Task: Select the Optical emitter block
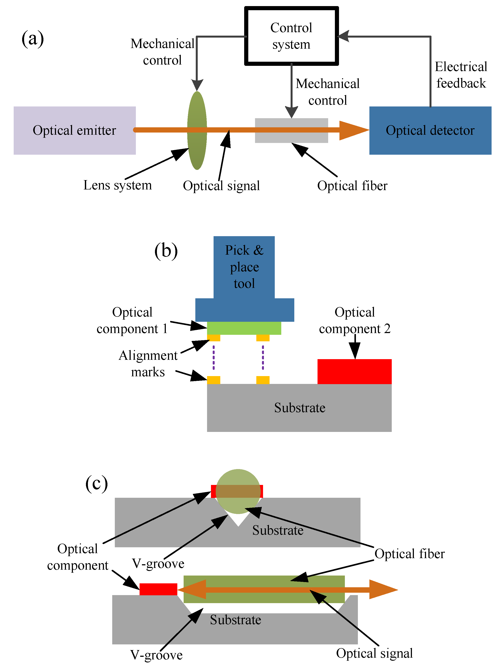click(x=74, y=130)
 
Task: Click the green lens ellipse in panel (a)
click(x=197, y=130)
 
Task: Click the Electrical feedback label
click(x=461, y=75)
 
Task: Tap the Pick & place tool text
click(x=244, y=267)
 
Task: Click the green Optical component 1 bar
click(x=244, y=328)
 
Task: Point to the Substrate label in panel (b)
click(x=300, y=408)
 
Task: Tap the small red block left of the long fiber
click(x=158, y=589)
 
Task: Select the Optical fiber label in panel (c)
click(x=410, y=554)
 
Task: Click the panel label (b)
click(x=166, y=251)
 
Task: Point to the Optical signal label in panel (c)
click(x=374, y=653)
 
